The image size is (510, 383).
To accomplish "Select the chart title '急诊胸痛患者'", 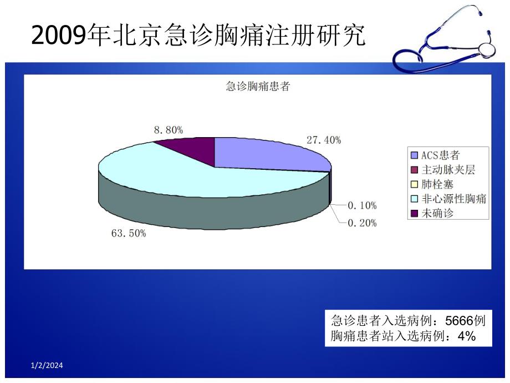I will [x=258, y=87].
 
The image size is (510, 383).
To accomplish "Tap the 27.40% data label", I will [x=324, y=140].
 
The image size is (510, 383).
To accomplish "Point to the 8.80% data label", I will [x=169, y=130].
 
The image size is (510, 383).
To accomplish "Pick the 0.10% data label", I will [x=362, y=205].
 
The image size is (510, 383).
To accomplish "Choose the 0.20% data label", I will [x=362, y=223].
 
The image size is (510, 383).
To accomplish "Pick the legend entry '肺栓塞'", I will [x=438, y=184].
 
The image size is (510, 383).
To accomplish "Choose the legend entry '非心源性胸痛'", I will [x=453, y=198].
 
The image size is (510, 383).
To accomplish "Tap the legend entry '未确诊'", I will [x=438, y=213].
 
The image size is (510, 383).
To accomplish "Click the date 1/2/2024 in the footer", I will [x=47, y=365].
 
